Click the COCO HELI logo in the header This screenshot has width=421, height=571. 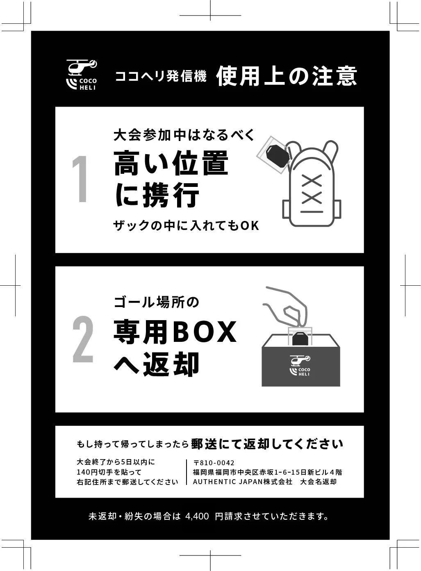tap(81, 75)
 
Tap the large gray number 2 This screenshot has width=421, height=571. tap(83, 339)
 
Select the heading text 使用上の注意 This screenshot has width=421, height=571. tap(287, 76)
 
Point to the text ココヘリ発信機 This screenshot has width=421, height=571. tap(161, 76)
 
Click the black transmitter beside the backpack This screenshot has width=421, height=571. tap(278, 156)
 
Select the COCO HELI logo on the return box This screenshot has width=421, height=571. tap(300, 365)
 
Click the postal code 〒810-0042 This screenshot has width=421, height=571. tap(214, 463)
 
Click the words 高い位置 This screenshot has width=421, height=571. tap(171, 163)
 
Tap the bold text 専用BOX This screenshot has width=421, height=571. tap(175, 332)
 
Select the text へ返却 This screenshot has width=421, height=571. tap(156, 364)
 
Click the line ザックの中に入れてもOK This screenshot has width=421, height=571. tap(186, 225)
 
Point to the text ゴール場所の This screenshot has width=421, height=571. tap(156, 303)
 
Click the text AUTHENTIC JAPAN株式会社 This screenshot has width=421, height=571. tap(243, 482)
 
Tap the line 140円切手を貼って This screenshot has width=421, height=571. tap(109, 472)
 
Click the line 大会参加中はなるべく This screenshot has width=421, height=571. tap(184, 135)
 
